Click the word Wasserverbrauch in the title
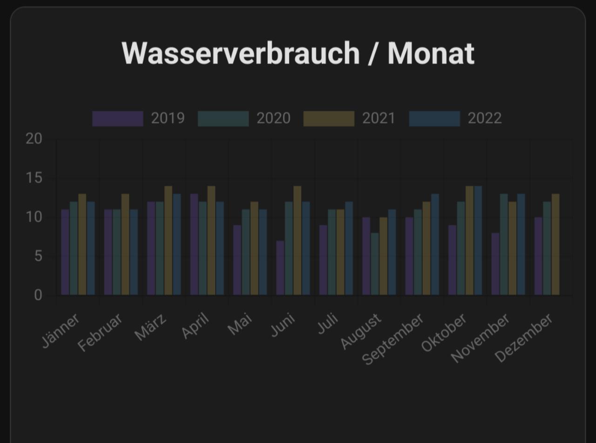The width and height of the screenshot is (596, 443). tap(240, 54)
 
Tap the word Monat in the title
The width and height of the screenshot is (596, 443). tap(431, 54)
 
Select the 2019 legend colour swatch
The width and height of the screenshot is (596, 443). tap(118, 119)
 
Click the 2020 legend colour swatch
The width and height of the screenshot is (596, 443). tap(223, 119)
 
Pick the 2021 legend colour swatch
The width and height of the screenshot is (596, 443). tap(329, 119)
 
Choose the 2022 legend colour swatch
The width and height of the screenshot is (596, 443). tap(434, 119)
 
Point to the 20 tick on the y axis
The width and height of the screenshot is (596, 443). tap(34, 139)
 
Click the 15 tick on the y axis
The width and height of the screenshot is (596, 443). tap(34, 178)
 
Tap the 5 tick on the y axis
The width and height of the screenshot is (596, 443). tap(38, 256)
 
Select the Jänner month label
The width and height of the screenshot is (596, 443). tap(61, 331)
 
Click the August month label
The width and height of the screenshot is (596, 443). tap(361, 331)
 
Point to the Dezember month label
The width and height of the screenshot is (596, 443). tap(524, 338)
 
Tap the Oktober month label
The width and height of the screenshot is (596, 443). tap(444, 333)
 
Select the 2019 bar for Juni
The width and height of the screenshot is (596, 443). tap(280, 268)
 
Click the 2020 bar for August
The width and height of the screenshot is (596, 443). tap(375, 264)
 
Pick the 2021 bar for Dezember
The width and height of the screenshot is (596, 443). tap(555, 244)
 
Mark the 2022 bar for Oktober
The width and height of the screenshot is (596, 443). tap(478, 241)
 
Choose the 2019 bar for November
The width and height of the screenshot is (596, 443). tap(495, 264)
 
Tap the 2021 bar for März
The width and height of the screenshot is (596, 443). tap(168, 241)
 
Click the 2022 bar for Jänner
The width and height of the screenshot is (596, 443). tap(91, 248)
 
